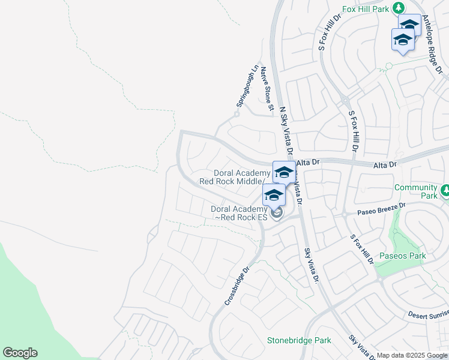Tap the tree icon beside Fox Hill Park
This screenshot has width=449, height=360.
pos(397,7)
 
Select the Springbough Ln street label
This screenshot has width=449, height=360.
pos(246,86)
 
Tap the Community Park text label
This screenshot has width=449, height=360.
pos(416,191)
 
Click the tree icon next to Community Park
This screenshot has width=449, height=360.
pos(445,191)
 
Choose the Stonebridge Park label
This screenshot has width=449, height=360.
pos(298,340)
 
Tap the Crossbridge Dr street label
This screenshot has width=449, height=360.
pos(237,286)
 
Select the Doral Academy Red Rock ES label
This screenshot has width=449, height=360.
pos(238,213)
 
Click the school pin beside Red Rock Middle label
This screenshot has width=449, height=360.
pos(283,173)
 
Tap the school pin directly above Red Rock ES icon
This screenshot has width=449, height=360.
pos(274,194)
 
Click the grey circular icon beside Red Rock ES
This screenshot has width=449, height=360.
pos(276,213)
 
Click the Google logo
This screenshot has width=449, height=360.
pos(20,353)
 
